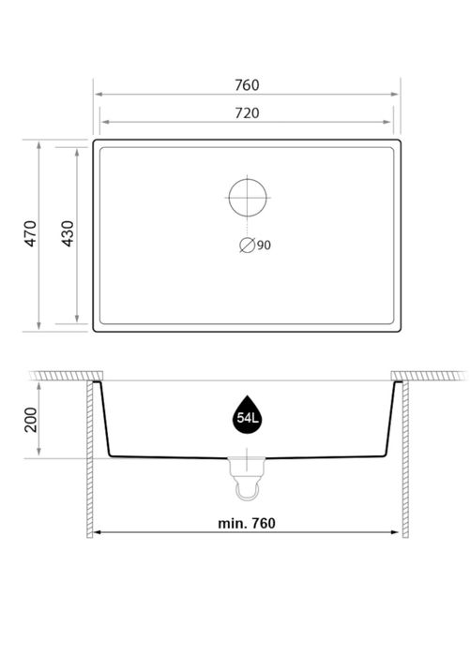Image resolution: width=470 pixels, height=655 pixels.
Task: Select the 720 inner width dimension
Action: click(x=247, y=112)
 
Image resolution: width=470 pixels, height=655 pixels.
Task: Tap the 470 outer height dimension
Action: click(x=30, y=234)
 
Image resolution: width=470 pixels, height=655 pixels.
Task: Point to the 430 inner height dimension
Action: click(x=67, y=234)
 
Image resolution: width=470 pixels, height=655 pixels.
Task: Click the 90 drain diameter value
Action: click(x=264, y=246)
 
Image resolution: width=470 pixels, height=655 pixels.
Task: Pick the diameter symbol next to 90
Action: click(x=247, y=246)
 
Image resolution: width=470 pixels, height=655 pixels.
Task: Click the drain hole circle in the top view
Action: click(x=248, y=197)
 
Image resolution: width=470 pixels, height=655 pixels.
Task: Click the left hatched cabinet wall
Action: click(x=90, y=459)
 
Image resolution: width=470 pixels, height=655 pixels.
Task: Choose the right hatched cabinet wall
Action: click(x=405, y=459)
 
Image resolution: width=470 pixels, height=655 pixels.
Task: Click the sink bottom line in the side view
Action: click(x=169, y=456)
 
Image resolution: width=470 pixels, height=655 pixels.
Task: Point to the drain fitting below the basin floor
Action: click(x=248, y=464)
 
